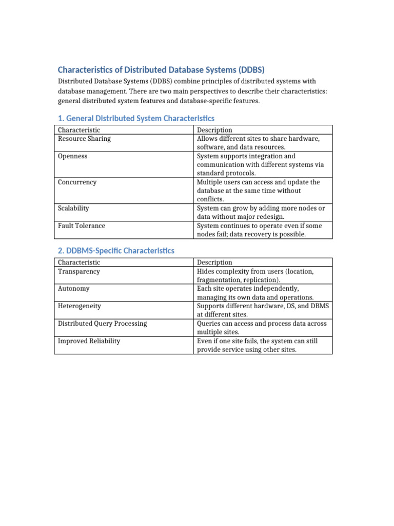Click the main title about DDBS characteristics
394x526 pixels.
pos(161,69)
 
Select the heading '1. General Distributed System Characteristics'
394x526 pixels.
pos(136,119)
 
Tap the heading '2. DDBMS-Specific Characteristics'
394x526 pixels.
pos(116,251)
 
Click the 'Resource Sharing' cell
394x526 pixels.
pos(84,139)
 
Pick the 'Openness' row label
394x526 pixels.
pos(73,156)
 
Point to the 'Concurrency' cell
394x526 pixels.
pos(77,182)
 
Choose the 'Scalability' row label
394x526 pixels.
pos(73,208)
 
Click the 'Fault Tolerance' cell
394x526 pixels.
pos(82,226)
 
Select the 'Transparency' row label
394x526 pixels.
pos(79,271)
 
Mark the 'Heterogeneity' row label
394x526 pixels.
pos(80,306)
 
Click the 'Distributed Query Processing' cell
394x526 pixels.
pos(103,324)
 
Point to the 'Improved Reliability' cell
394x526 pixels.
pos(89,341)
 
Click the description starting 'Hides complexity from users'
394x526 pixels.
pos(255,275)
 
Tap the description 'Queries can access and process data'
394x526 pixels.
pos(262,328)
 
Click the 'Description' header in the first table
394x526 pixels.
pos(214,130)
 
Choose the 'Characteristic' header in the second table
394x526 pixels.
pos(79,262)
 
